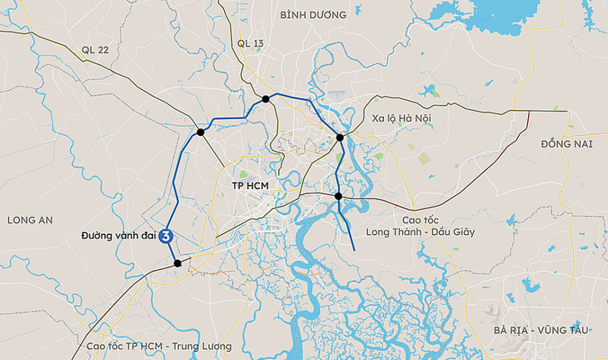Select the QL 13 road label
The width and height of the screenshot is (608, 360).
tap(250, 42)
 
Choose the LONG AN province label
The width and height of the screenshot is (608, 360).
tap(30, 220)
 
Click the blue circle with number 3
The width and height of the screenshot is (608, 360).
tap(167, 236)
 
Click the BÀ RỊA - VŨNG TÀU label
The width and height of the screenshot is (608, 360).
tap(540, 331)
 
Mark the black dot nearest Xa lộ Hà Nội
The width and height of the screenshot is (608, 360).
tap(340, 137)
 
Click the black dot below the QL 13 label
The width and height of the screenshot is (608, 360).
tap(266, 99)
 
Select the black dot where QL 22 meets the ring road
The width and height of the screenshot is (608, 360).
tap(201, 132)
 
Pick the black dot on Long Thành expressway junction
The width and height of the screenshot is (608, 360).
tap(338, 196)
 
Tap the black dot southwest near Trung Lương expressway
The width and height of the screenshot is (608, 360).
tap(177, 263)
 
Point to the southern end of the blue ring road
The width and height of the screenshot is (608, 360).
tap(356, 249)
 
